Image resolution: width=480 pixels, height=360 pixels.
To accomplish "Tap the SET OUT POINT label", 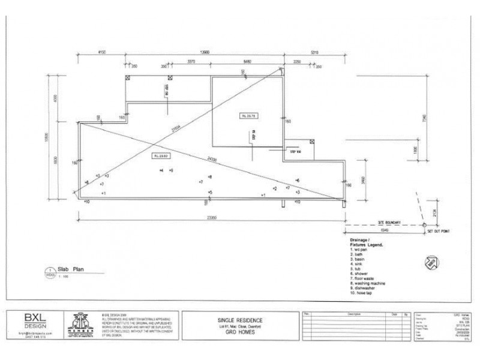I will [438, 230].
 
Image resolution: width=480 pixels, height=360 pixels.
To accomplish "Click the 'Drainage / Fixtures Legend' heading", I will [366, 242].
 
